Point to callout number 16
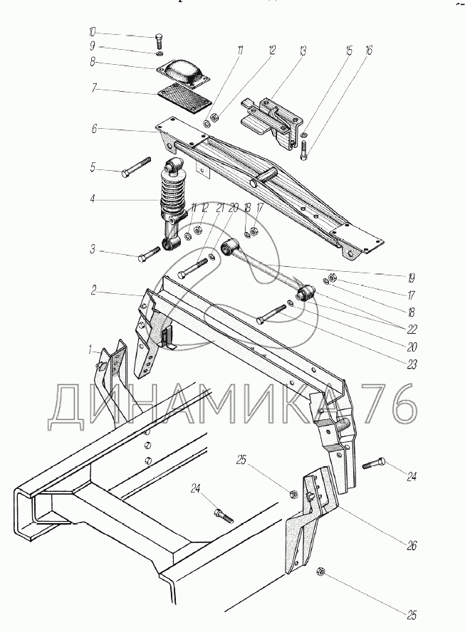(368, 51)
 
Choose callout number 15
(349, 51)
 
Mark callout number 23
(412, 363)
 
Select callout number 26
(411, 547)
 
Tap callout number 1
(90, 349)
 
